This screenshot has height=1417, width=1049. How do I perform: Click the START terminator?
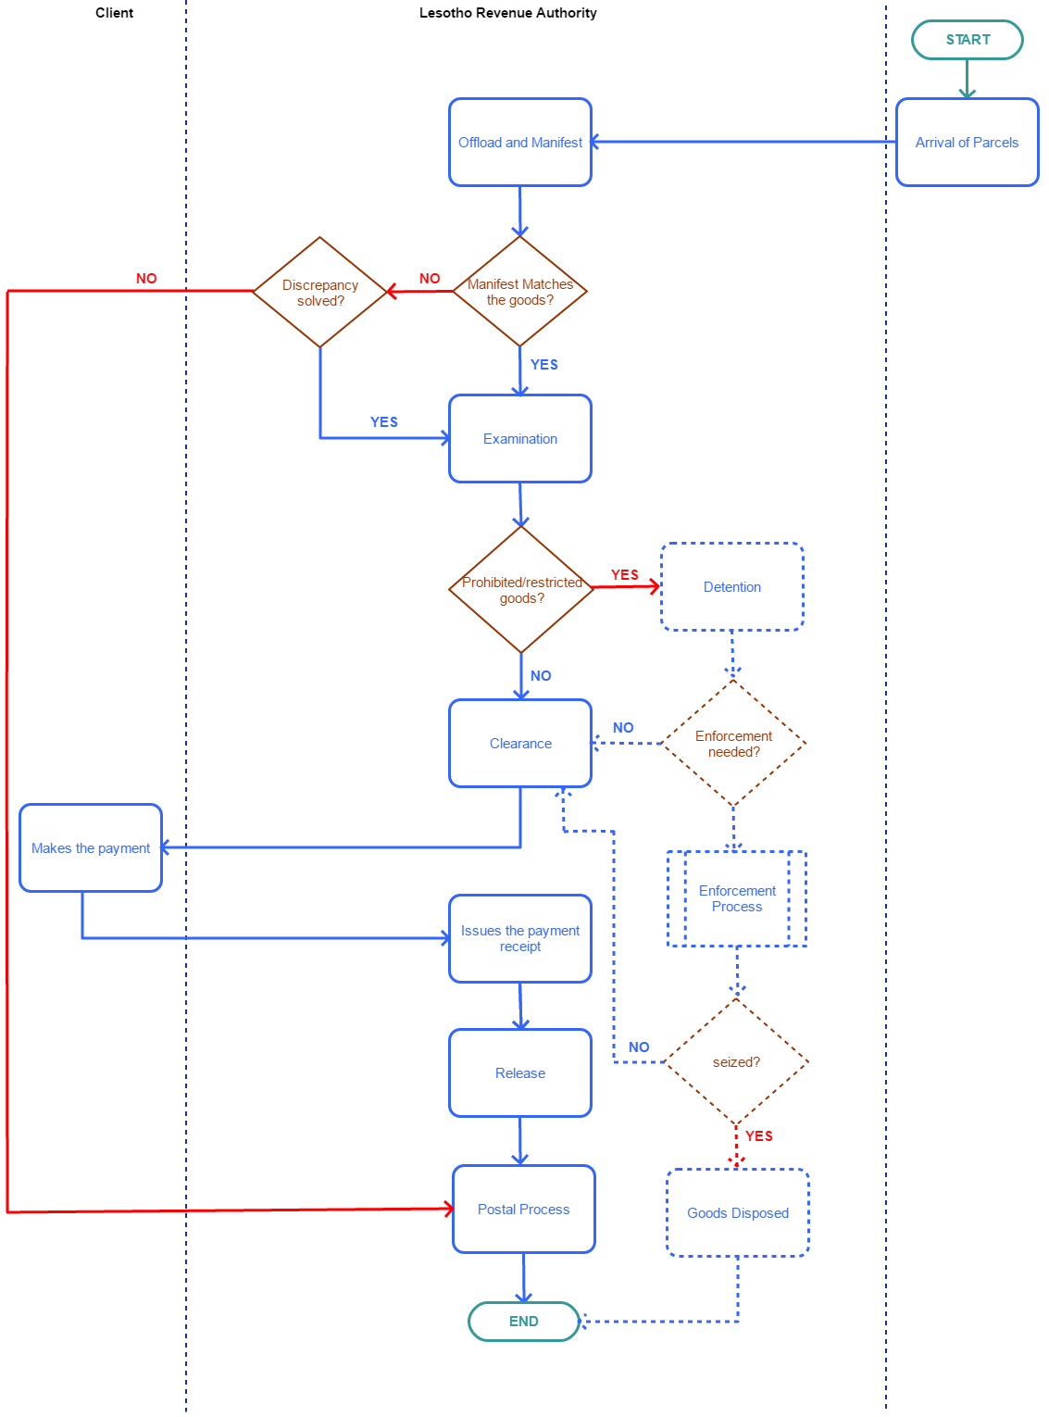(x=967, y=40)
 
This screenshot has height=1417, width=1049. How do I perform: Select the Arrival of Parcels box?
(x=967, y=143)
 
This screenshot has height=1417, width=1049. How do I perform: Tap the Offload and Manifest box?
(x=519, y=143)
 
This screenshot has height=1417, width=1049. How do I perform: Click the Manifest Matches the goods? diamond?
(x=519, y=292)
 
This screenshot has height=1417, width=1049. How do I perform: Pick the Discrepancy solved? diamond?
(x=319, y=293)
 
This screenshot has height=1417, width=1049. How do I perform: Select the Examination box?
(x=519, y=439)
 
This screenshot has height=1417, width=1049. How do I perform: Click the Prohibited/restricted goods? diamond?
(x=521, y=590)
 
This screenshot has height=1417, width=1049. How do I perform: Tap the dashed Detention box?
(x=731, y=587)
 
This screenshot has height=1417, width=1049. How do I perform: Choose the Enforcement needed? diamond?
(x=733, y=744)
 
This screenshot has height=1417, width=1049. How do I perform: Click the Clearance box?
(x=519, y=744)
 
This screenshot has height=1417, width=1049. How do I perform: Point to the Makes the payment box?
(x=91, y=848)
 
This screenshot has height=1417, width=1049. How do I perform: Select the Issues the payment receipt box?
(x=519, y=938)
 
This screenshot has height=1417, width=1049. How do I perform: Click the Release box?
(x=519, y=1073)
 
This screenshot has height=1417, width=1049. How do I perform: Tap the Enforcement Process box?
(x=737, y=898)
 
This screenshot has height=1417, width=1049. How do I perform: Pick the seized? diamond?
(x=736, y=1062)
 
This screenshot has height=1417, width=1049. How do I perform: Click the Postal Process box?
(x=523, y=1210)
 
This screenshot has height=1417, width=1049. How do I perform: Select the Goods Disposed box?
(x=738, y=1213)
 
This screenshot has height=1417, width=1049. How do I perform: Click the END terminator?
(x=523, y=1322)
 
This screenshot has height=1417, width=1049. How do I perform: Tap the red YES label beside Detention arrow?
(x=625, y=575)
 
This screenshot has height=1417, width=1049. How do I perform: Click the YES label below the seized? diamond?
(x=759, y=1136)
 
